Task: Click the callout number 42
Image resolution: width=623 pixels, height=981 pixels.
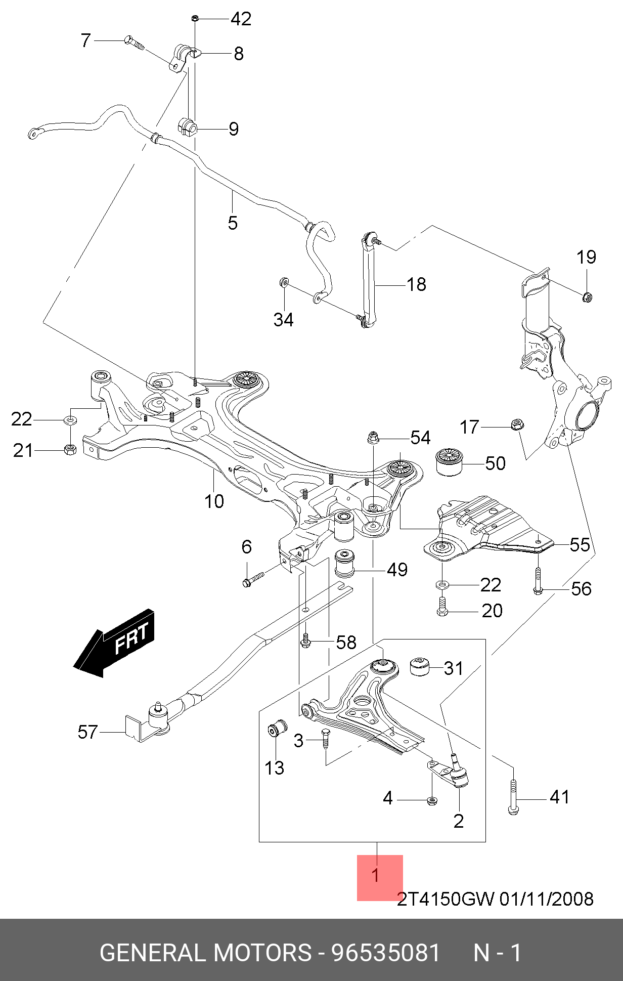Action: point(241,19)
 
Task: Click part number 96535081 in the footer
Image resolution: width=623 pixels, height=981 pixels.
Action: point(386,953)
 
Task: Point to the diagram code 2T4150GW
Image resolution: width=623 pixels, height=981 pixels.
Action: point(446,899)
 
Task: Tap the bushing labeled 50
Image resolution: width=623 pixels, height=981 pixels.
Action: point(449,461)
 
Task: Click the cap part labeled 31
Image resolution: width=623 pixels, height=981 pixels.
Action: point(419,666)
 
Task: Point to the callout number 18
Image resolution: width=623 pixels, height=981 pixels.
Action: point(416,284)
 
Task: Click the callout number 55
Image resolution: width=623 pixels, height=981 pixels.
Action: point(580,545)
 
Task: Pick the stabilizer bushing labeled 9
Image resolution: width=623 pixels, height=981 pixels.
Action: point(187,126)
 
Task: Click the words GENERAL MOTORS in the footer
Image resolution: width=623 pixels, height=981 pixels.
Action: point(205,953)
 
